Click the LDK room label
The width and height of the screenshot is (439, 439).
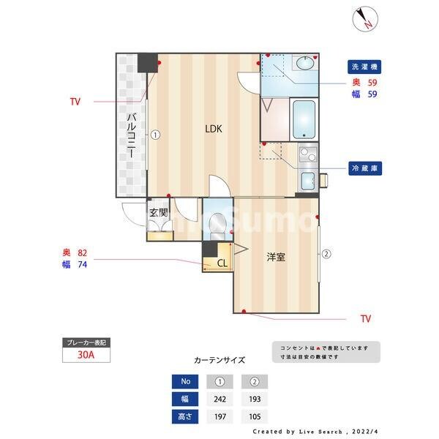[213, 129]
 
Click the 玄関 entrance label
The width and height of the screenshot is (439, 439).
[159, 213]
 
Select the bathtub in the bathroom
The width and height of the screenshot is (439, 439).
[303, 119]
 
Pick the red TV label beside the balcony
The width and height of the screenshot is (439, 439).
[75, 102]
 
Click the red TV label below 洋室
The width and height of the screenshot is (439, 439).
[366, 319]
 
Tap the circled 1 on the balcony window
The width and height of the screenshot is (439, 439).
[156, 135]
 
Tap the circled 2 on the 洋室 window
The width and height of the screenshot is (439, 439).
[326, 254]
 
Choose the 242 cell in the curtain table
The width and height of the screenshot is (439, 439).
[220, 399]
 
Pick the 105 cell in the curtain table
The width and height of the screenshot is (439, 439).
[255, 416]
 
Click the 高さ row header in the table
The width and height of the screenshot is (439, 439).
[184, 416]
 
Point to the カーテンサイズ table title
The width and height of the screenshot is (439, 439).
[219, 360]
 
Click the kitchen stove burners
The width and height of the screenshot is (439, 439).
[308, 154]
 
